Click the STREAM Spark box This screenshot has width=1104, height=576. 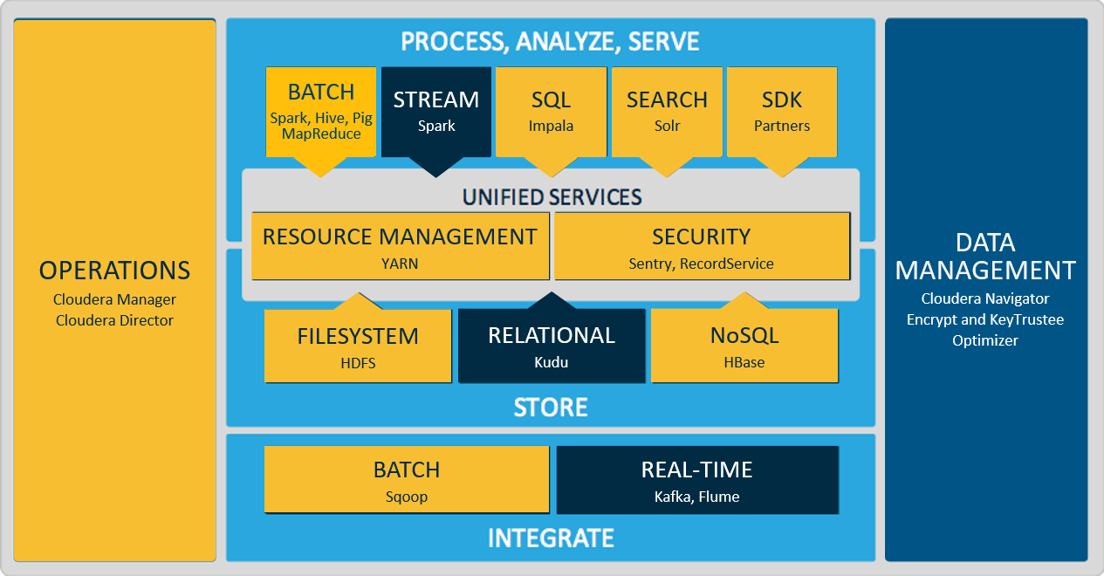click(436, 113)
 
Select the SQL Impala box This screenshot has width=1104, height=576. click(551, 113)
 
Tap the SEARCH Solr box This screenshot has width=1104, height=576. click(667, 113)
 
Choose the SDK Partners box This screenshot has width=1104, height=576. click(782, 113)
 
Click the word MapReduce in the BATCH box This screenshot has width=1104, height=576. click(321, 134)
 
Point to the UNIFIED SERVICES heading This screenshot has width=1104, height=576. click(552, 197)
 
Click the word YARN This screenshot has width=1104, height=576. click(400, 264)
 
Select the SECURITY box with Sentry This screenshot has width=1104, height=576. click(702, 246)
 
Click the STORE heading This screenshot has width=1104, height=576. click(551, 408)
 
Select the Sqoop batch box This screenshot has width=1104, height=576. click(407, 479)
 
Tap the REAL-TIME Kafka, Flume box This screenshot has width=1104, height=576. click(697, 480)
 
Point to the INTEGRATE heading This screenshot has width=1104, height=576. click(551, 538)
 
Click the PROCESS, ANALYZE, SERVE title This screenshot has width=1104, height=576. click(550, 41)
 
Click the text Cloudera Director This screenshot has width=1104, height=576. click(114, 320)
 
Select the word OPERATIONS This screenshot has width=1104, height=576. click(114, 271)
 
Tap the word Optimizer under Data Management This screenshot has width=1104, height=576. click(984, 341)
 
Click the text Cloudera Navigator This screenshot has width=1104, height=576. click(985, 298)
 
